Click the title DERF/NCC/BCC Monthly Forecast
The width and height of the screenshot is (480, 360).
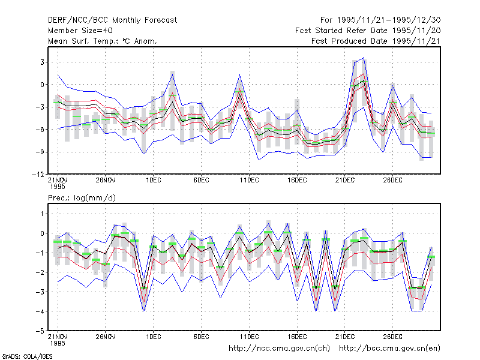(x=112, y=20)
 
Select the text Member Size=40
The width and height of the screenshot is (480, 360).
(x=80, y=31)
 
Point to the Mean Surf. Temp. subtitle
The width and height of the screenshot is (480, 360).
(x=102, y=41)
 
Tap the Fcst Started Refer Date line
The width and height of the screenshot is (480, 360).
(x=368, y=31)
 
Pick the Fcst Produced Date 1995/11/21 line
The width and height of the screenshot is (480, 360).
(x=376, y=41)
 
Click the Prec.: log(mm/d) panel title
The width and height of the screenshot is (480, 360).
(x=82, y=198)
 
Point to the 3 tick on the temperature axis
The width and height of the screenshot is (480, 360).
(x=42, y=62)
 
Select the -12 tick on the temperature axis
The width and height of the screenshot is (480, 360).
(x=38, y=174)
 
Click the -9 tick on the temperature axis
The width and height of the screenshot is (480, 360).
(x=40, y=152)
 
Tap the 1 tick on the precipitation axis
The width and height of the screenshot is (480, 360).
(x=42, y=214)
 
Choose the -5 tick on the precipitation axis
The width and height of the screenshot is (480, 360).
(x=40, y=331)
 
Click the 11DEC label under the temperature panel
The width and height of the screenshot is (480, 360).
(x=249, y=181)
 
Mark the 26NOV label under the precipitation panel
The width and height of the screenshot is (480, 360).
(x=106, y=337)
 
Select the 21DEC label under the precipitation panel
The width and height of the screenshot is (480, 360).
(x=344, y=337)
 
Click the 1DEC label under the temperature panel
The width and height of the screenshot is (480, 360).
(x=154, y=181)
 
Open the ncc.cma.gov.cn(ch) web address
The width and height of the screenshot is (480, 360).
(x=279, y=349)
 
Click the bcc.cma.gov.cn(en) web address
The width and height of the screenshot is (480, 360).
(x=389, y=349)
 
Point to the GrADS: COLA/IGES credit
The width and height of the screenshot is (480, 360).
(x=27, y=356)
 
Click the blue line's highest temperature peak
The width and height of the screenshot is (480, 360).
(x=364, y=57)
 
